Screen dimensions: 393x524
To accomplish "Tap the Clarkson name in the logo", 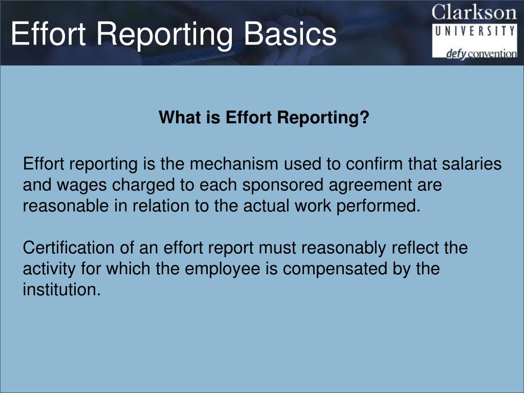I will point(474,12).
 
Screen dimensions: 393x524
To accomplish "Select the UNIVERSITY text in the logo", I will point(474,31).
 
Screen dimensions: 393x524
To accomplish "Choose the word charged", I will point(141,185).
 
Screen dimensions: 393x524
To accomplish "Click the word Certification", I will point(68,248).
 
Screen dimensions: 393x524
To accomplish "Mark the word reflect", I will point(414,248).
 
